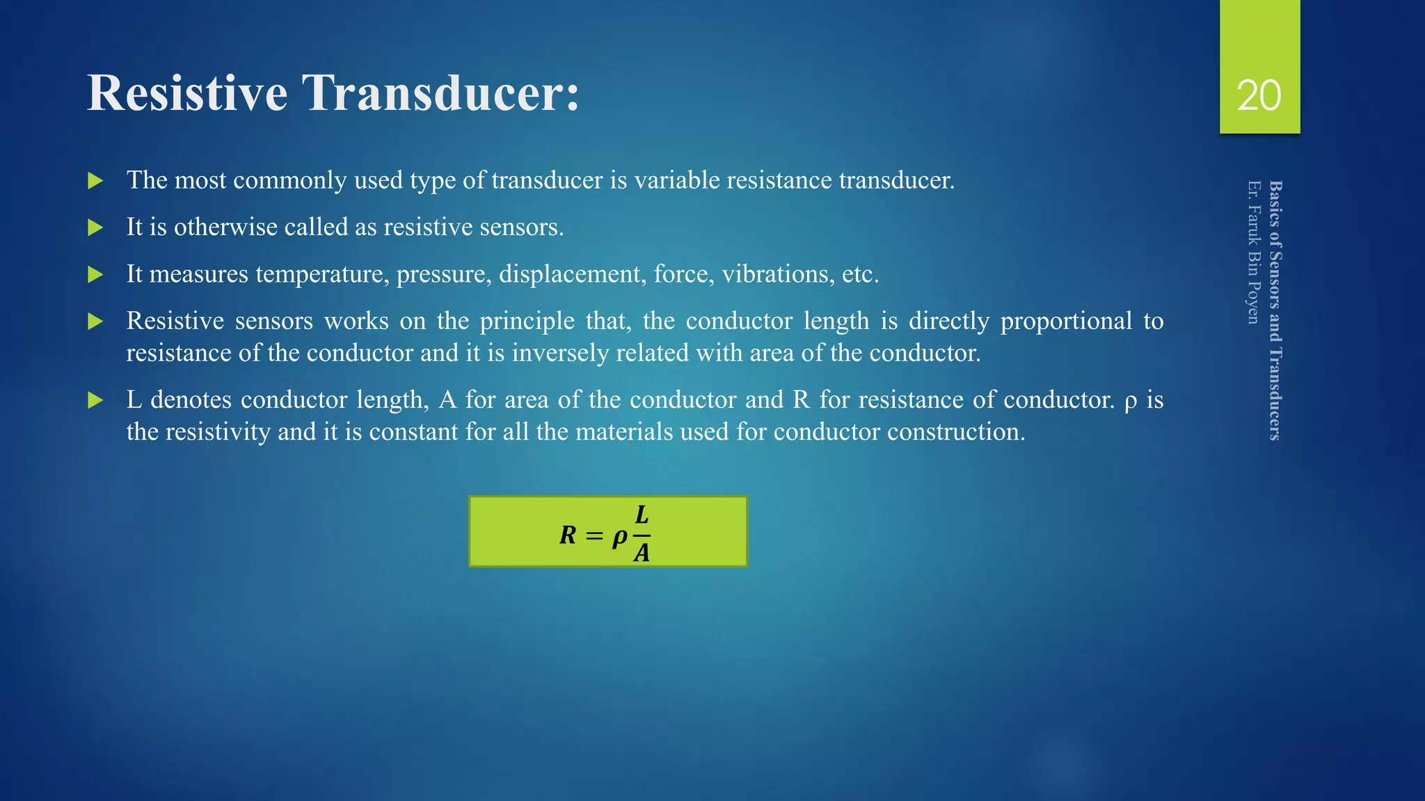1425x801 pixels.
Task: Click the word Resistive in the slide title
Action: (187, 92)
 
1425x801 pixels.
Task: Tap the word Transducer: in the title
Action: (440, 92)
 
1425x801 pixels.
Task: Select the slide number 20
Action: (1259, 95)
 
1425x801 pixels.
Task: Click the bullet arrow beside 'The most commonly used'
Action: (95, 181)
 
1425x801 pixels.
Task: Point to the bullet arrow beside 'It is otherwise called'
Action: (95, 228)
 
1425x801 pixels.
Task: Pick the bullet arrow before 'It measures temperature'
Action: (95, 275)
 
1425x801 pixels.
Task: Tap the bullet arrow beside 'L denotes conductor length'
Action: (95, 400)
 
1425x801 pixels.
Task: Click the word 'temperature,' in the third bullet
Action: (322, 275)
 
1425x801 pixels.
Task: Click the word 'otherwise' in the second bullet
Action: (226, 227)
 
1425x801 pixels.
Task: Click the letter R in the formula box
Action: (568, 535)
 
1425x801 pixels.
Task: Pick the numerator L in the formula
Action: (642, 515)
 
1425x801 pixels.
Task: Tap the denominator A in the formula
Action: (642, 553)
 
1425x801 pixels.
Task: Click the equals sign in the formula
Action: (593, 535)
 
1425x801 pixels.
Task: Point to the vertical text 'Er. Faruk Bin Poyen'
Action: (1253, 252)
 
